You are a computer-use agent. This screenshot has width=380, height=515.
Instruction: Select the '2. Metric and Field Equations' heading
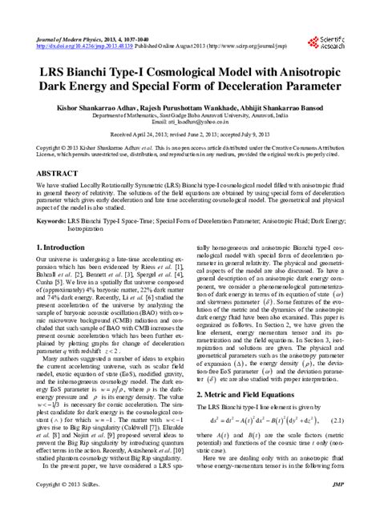[249, 393]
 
